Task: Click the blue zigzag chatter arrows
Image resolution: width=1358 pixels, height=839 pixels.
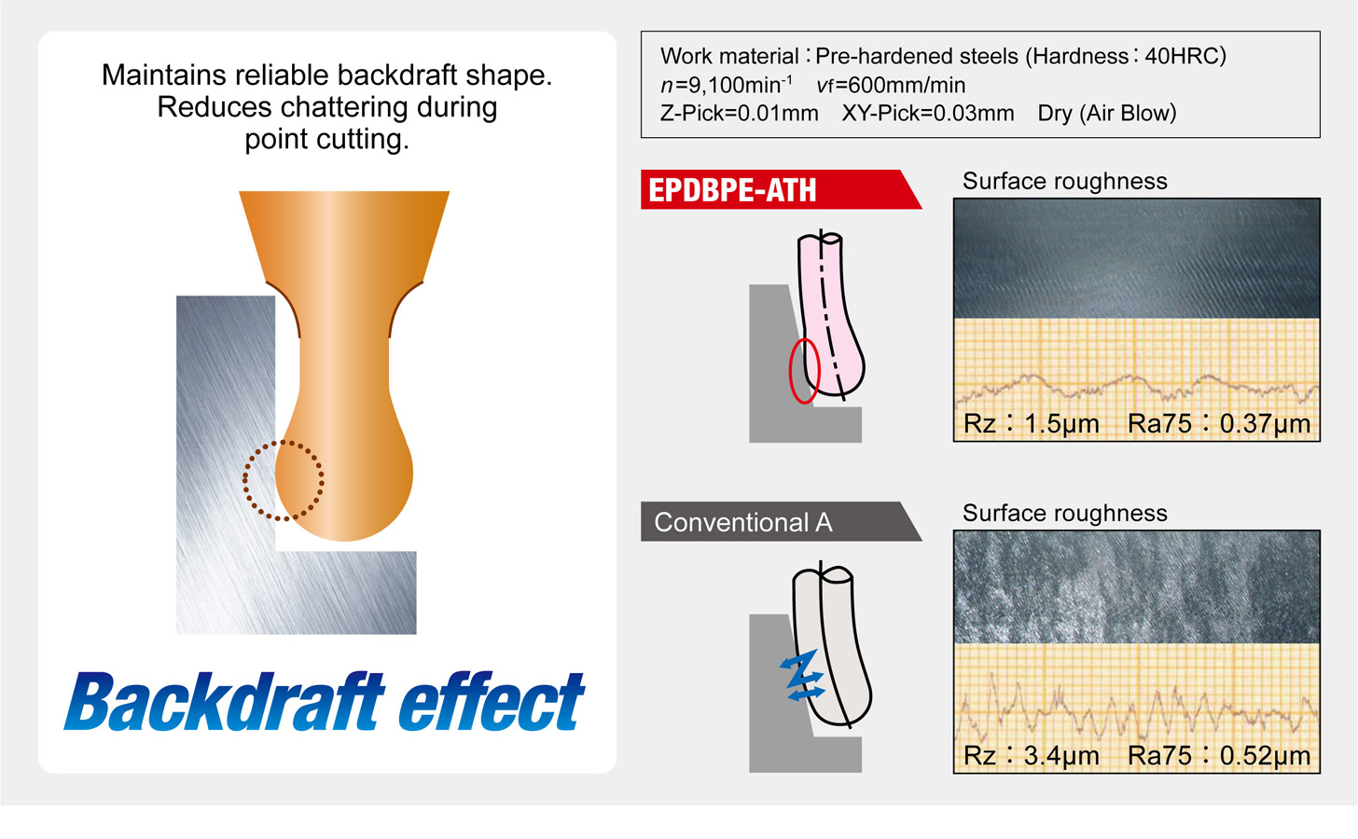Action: [802, 676]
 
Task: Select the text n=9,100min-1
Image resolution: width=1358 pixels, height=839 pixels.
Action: [727, 84]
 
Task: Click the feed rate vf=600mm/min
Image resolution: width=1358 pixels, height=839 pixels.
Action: [891, 85]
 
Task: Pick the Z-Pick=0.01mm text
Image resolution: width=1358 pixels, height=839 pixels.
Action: [739, 114]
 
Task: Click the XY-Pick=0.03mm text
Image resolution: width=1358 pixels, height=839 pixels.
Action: [927, 114]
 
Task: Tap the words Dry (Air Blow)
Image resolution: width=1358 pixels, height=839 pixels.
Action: [1107, 114]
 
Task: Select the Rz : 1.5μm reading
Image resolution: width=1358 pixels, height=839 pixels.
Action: [1032, 423]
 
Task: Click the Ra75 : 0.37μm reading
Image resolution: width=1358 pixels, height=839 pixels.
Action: [1218, 423]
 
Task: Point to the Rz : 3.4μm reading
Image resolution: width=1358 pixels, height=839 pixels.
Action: [1032, 755]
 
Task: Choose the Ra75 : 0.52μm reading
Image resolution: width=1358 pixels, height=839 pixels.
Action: [1218, 755]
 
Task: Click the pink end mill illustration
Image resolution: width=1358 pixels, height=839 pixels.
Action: [829, 315]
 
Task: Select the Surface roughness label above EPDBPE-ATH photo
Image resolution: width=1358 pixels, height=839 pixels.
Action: [1064, 181]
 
